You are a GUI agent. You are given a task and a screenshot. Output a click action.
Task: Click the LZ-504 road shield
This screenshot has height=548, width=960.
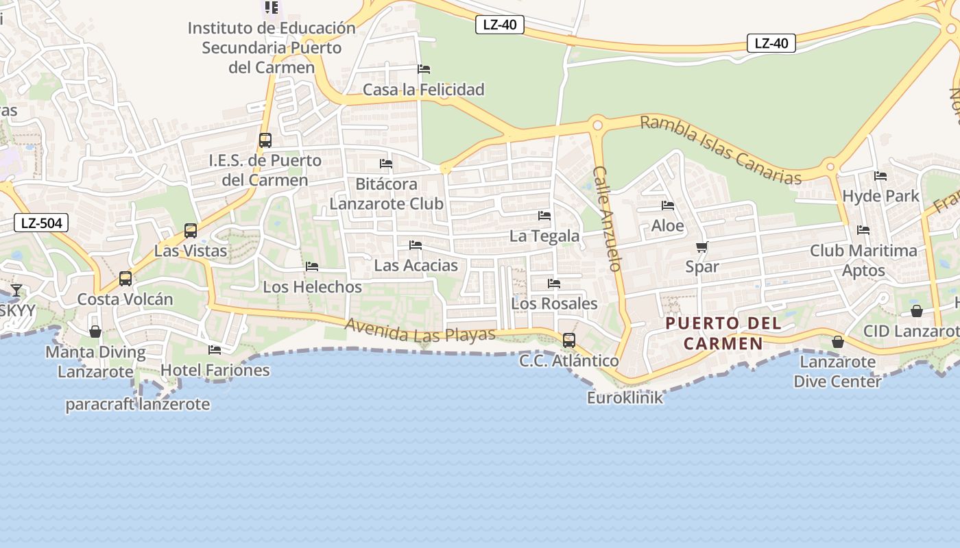pos(41,222)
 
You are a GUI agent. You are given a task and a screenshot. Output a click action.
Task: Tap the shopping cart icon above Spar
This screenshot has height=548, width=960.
pos(701,247)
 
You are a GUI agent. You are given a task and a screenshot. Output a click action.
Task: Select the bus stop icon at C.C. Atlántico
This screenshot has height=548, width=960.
pos(568,340)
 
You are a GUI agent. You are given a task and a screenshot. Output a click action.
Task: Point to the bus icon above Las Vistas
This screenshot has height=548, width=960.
pos(191,231)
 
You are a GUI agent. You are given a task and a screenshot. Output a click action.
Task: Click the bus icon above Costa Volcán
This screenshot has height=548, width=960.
pos(125,279)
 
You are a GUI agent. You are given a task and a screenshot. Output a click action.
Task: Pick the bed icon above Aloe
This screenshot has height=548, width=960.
pos(667,206)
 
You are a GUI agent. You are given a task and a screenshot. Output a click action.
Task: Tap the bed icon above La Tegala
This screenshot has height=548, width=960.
pos(544,215)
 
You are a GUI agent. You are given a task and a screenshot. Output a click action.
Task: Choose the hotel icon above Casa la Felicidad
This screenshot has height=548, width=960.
pos(424,69)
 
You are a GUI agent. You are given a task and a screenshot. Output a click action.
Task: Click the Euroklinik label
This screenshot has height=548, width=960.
pos(625,397)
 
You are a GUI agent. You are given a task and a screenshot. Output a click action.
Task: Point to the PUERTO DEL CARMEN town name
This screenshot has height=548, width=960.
pos(723,333)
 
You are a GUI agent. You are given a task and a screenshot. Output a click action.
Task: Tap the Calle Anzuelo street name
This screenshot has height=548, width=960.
pos(607,219)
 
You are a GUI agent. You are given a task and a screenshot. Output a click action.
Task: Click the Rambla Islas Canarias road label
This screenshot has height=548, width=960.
pos(720,150)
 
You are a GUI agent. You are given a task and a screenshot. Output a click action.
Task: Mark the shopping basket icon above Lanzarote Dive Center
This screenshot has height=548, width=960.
pos(837,341)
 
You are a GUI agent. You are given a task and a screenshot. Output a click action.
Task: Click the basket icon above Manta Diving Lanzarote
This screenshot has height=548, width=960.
pos(95,332)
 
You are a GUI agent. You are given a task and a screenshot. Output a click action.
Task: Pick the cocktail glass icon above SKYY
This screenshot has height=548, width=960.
pos(16,290)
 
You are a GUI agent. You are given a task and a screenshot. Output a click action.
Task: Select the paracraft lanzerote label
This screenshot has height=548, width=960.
pos(138,404)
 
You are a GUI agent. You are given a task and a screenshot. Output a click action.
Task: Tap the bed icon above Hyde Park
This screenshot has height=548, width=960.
pos(880,176)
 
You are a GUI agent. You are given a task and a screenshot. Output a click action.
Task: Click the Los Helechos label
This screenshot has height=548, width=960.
pos(313,287)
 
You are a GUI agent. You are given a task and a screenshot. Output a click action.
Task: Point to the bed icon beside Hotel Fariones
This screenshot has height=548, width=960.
pos(215,350)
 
